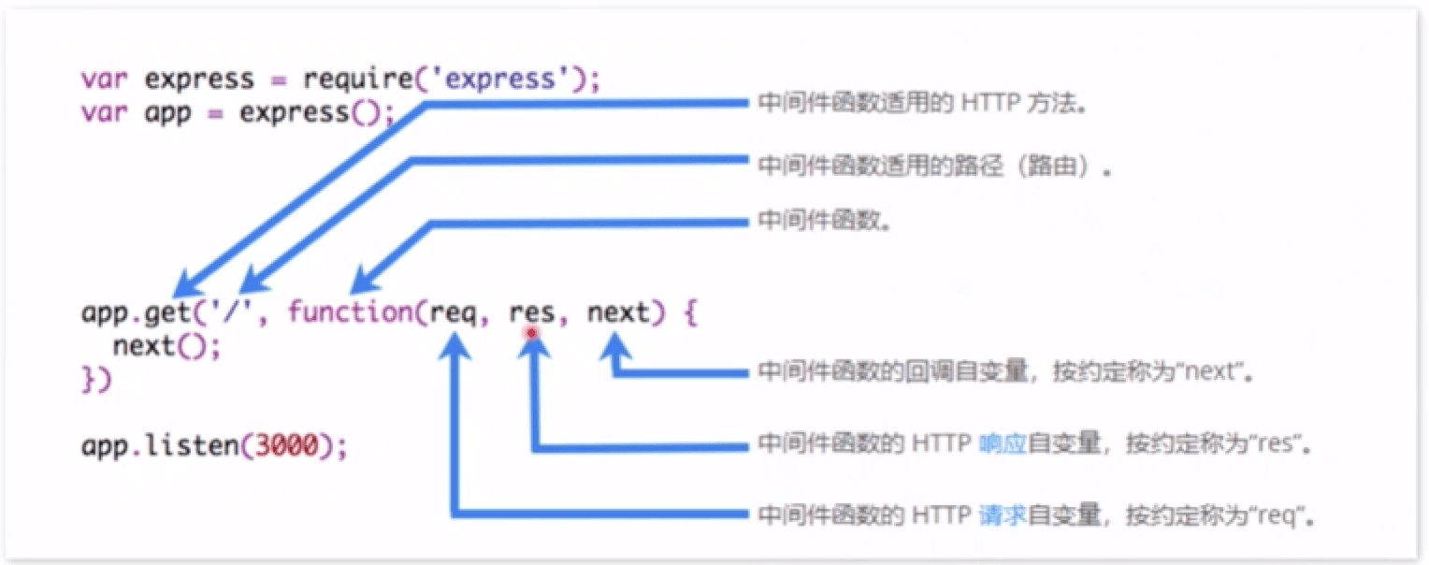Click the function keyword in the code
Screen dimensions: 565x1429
point(349,311)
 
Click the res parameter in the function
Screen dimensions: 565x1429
point(531,311)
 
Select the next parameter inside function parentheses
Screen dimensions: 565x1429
point(617,311)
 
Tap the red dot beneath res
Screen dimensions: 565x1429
point(531,332)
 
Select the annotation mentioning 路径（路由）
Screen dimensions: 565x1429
point(936,167)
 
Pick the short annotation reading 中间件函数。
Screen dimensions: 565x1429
point(824,223)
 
